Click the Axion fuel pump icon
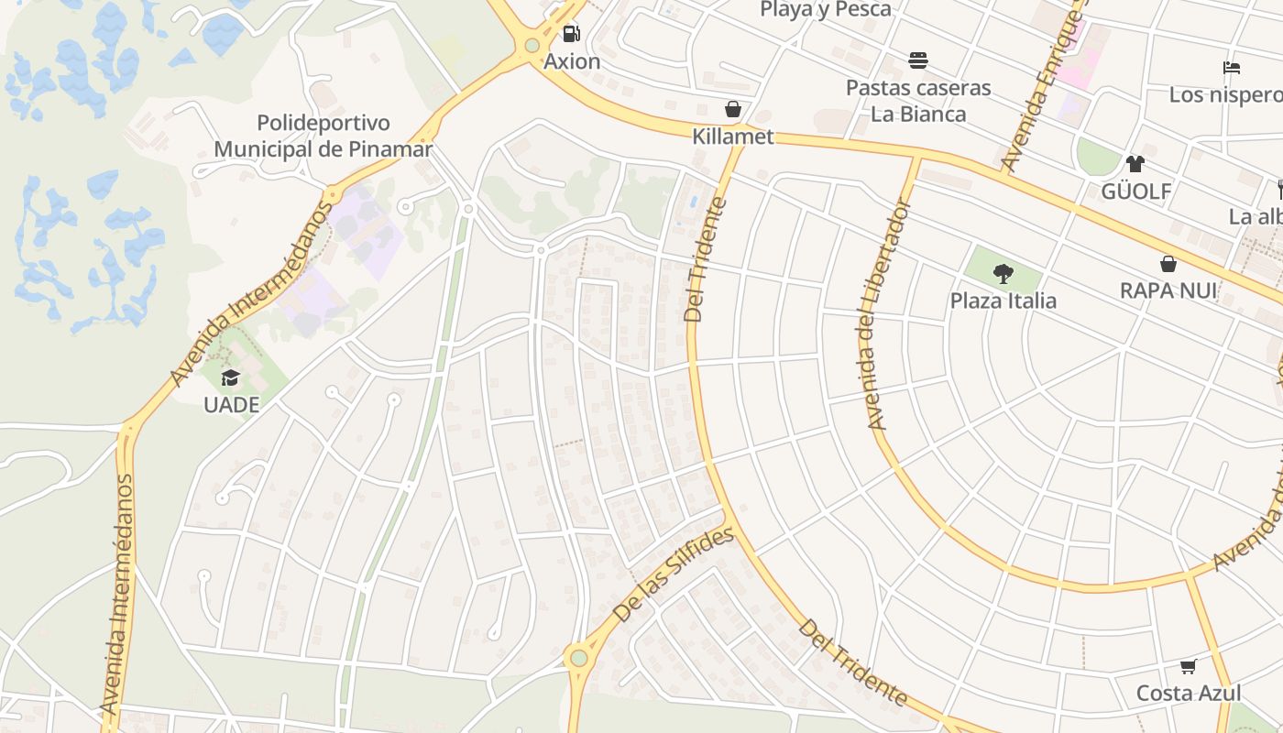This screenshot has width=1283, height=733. pos(572,34)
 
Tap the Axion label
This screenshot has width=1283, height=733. pos(572,61)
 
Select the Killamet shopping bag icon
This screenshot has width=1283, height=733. pos(732,110)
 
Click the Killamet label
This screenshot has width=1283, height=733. pos(733,137)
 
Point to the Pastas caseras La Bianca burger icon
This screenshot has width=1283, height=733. pos(918,60)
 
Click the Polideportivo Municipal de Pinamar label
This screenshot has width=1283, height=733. pos(323,136)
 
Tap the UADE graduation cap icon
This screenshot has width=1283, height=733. pos(230,377)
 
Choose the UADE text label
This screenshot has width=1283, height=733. pos(231,405)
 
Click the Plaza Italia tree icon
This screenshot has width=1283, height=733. pos(1003,273)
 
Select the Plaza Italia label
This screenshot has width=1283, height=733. pos(1003,301)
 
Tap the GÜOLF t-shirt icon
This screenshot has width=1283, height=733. pos(1135,164)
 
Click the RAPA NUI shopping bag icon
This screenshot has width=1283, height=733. pos(1168,264)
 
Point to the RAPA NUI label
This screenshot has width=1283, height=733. pos(1168,291)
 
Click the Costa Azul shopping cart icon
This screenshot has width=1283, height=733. pos(1189,666)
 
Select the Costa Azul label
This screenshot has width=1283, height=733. pos(1189,694)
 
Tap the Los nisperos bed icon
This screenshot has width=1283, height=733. pos(1232,68)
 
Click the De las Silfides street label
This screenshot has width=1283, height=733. pos(674,575)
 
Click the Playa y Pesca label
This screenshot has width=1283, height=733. pos(826,10)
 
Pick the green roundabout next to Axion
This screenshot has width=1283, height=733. pos(532,46)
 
